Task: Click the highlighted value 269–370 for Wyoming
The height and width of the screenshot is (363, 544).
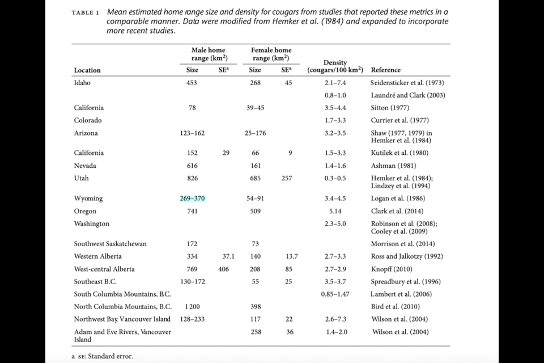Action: [x=192, y=199]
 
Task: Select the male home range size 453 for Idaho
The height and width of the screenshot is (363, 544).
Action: [x=192, y=83]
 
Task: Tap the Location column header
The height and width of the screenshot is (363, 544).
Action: [x=87, y=70]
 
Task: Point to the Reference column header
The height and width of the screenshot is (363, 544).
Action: [x=385, y=70]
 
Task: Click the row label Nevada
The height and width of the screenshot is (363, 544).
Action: [x=85, y=166]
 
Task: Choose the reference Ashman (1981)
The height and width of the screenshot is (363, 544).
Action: [x=393, y=166]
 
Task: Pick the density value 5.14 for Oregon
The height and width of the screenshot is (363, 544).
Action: [x=335, y=211]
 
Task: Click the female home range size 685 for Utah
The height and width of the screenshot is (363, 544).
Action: [x=256, y=178]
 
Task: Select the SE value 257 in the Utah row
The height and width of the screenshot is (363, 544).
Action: [x=287, y=178]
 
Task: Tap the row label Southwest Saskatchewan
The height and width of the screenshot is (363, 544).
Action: [x=110, y=244]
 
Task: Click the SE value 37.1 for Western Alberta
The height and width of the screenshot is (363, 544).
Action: [x=228, y=256]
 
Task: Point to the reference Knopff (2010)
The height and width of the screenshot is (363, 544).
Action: [x=392, y=269]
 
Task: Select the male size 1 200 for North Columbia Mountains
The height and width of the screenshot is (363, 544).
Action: [x=192, y=307]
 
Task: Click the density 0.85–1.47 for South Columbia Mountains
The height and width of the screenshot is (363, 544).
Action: [x=335, y=294]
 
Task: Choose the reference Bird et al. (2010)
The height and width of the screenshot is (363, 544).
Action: [x=395, y=307]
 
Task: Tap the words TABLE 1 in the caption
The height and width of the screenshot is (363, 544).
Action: [x=86, y=13]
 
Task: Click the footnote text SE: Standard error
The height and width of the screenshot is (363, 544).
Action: [x=105, y=356]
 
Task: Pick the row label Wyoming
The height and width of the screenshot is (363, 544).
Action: [x=88, y=199]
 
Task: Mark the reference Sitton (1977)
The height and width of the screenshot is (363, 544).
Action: [x=390, y=108]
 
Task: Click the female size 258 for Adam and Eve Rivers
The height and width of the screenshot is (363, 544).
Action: [x=256, y=332]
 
